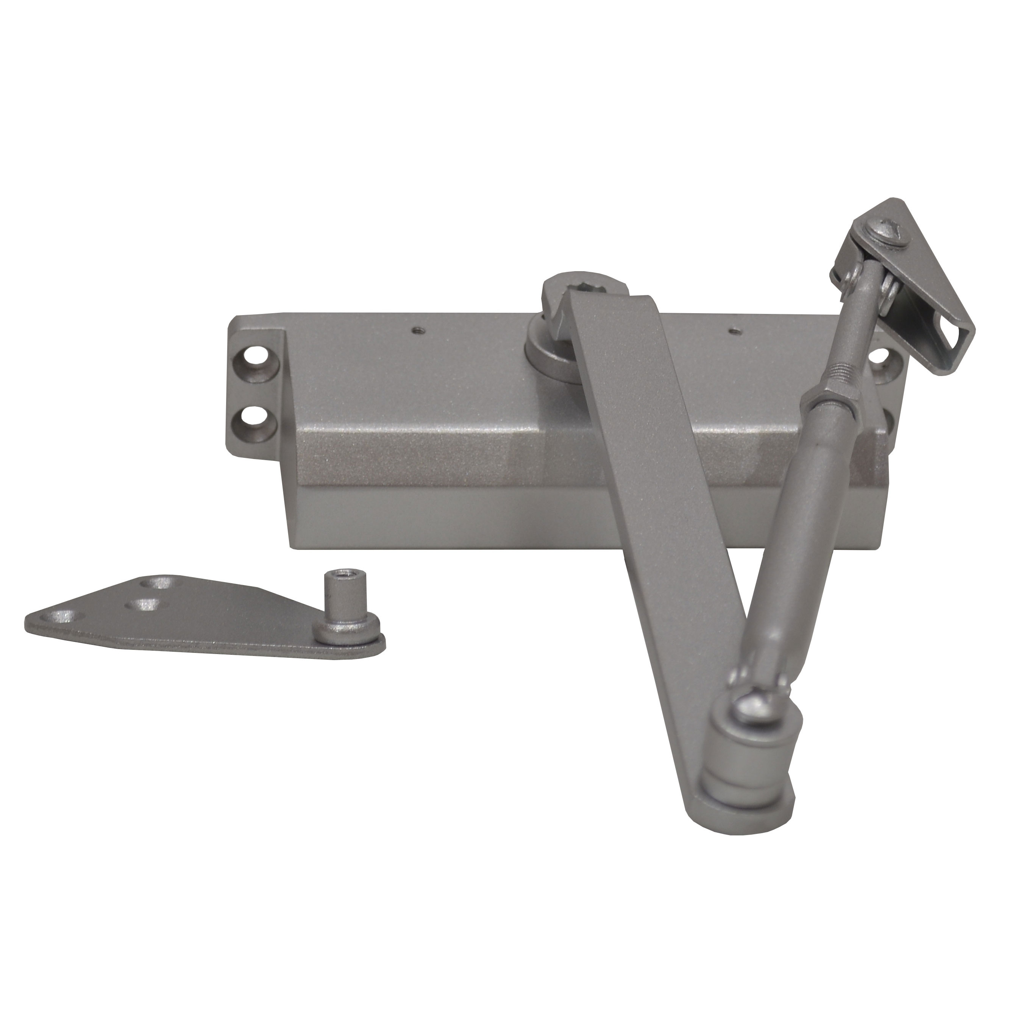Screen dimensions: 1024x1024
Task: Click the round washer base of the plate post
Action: pos(345,631)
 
